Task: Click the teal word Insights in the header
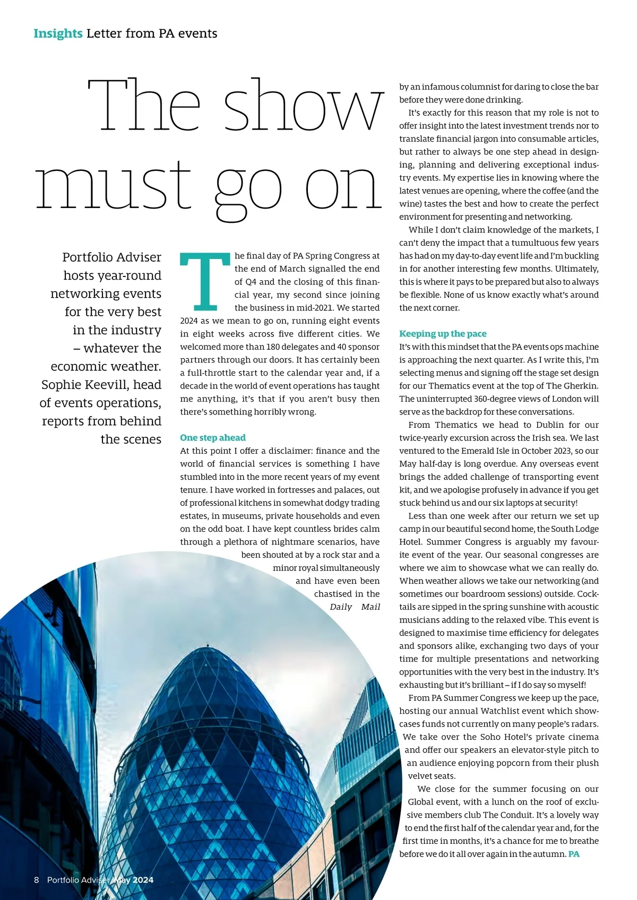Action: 58,33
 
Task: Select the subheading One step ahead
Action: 212,438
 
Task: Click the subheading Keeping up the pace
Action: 443,334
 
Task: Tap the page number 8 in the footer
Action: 37,880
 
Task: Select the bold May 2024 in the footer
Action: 133,880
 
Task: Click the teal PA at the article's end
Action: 573,854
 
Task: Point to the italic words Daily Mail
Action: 355,607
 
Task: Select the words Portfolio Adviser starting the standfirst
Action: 111,257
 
